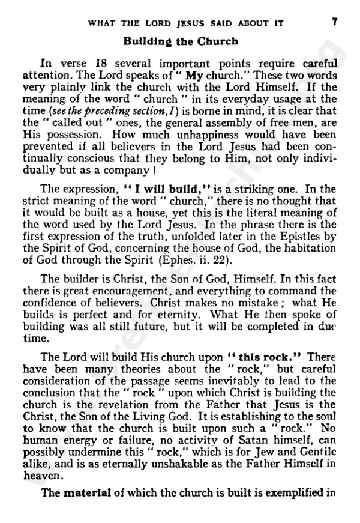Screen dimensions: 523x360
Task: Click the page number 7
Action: tap(334, 23)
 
